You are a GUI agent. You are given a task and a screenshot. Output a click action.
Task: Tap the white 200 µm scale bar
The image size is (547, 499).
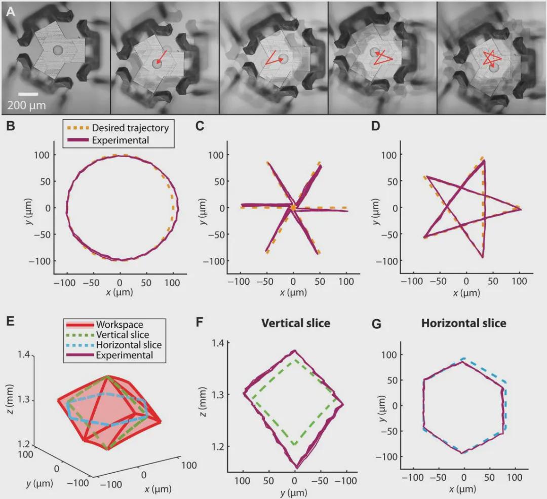[28, 94]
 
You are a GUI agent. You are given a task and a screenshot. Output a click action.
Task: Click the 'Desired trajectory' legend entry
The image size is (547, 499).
[130, 129]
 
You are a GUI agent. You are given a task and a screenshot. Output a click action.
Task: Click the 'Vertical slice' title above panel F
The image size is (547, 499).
[295, 323]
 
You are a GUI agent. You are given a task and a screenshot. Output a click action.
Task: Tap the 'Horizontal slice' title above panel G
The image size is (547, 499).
[463, 323]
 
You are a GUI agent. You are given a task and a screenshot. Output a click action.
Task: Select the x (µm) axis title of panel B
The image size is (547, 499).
[120, 293]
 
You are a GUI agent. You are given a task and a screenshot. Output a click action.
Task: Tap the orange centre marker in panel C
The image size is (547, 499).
[293, 208]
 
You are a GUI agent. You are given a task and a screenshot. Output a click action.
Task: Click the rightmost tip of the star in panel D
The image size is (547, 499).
[520, 209]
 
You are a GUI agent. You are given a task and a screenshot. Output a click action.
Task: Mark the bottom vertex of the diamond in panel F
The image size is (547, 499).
[296, 467]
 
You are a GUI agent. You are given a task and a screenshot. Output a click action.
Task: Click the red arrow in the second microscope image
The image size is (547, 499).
[160, 57]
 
